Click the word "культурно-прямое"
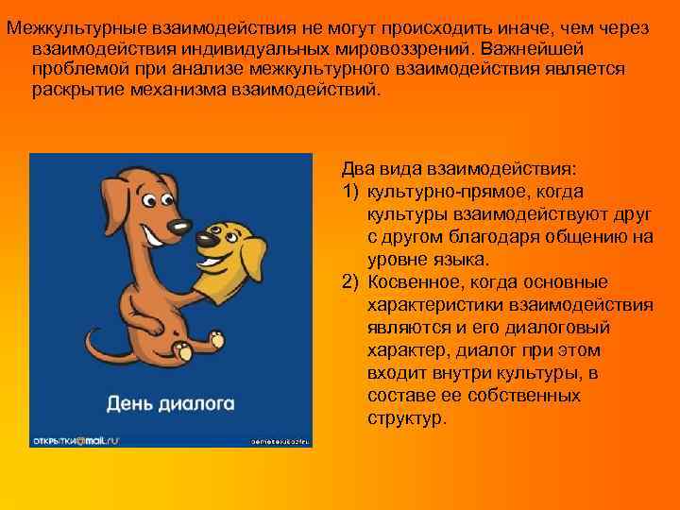pyautogui.click(x=431, y=192)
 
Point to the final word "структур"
pyautogui.click(x=406, y=418)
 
